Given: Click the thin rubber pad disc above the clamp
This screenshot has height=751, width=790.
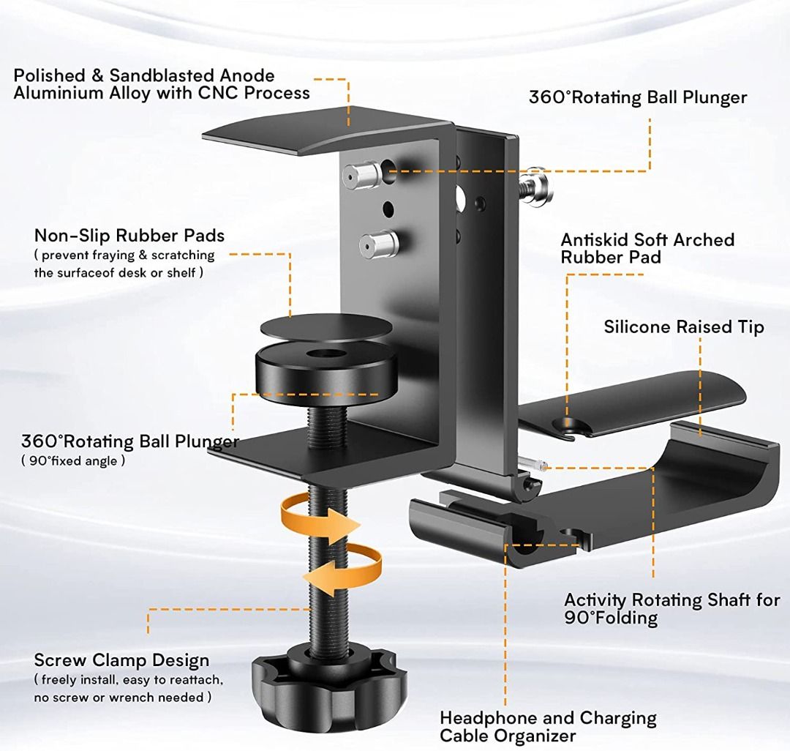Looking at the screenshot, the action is coord(326,327).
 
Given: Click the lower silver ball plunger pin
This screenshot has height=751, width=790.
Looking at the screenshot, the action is coord(379,244).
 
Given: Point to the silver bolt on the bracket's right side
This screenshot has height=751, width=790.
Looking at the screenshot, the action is coord(537,185).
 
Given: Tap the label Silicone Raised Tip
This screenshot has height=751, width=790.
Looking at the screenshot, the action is coord(684,327).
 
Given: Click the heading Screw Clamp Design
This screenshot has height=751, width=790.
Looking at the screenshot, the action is coord(121,660).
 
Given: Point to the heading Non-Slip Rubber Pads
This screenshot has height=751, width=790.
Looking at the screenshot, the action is coord(129,236).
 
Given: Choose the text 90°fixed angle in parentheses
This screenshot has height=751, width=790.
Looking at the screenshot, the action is coord(73,460).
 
